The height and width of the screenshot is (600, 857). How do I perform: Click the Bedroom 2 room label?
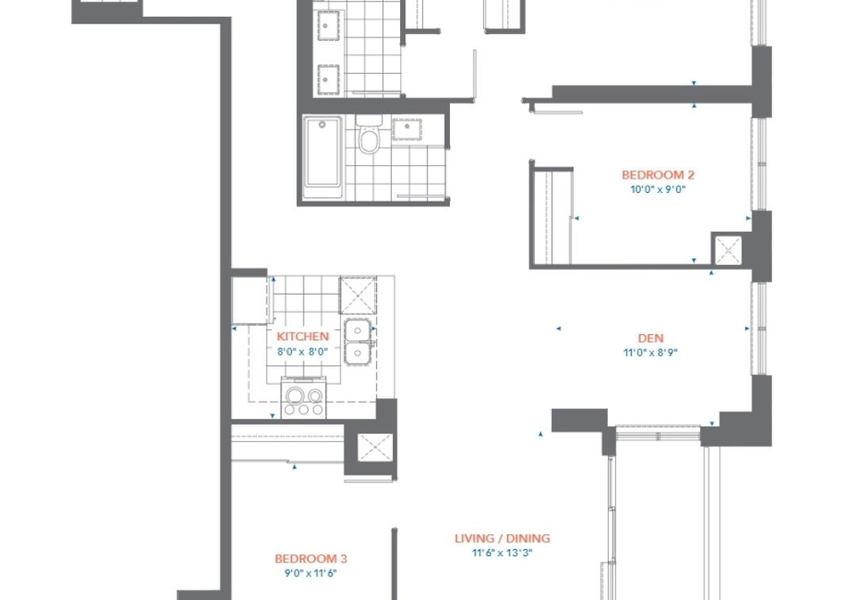(658, 175)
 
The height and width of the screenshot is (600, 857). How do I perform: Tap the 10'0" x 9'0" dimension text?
(658, 189)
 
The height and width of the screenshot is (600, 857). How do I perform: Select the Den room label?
(651, 338)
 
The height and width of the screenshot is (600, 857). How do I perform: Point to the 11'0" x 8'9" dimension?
(651, 353)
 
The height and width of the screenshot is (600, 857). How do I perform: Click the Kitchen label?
(303, 337)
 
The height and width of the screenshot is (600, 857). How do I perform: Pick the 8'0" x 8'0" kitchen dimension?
(303, 352)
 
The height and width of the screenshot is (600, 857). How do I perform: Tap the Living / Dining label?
(503, 538)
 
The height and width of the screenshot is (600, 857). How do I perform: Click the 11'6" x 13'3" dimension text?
(503, 553)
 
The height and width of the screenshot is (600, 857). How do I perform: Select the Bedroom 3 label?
(311, 558)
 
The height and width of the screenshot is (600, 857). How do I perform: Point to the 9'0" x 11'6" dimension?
(311, 573)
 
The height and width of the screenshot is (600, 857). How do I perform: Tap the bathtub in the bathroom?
(322, 157)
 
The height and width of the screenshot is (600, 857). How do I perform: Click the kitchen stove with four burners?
(304, 398)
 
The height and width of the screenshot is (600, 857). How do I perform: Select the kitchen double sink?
(358, 342)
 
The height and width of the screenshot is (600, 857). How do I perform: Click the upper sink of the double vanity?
(328, 26)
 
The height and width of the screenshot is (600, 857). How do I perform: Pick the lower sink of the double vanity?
(328, 79)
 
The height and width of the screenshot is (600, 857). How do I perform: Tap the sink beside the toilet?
(407, 129)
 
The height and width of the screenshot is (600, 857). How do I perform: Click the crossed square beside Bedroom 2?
(728, 250)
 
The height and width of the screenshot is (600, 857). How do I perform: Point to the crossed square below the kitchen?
(375, 447)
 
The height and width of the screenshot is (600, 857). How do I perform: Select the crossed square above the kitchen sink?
(358, 296)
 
